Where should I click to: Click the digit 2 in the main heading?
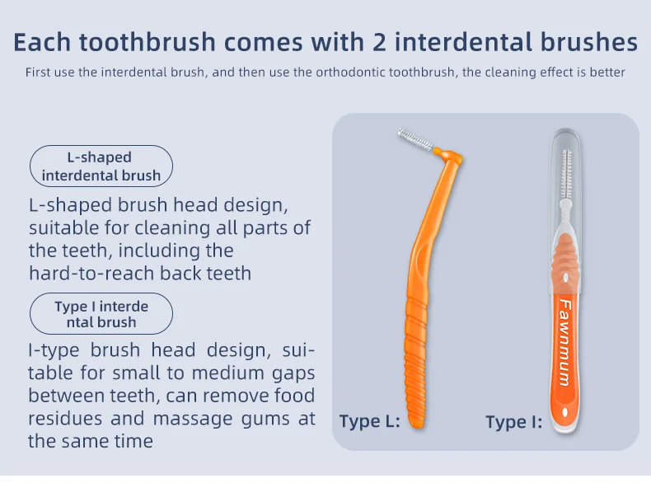pyautogui.click(x=378, y=42)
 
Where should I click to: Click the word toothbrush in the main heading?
pyautogui.click(x=147, y=42)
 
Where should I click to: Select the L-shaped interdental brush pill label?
pyautogui.click(x=101, y=166)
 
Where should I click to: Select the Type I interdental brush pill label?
pyautogui.click(x=101, y=314)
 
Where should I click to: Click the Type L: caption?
pyautogui.click(x=369, y=421)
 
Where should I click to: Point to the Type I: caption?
pyautogui.click(x=514, y=422)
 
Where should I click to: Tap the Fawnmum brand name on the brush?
pyautogui.click(x=565, y=342)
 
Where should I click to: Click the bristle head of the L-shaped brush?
pyautogui.click(x=416, y=139)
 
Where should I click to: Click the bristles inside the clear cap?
pyautogui.click(x=566, y=175)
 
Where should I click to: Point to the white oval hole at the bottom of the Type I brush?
pyautogui.click(x=565, y=412)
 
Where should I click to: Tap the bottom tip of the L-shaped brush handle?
pyautogui.click(x=416, y=424)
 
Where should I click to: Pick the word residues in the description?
pyautogui.click(x=65, y=418)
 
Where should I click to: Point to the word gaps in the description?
pyautogui.click(x=293, y=373)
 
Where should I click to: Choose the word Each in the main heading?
pyautogui.click(x=42, y=42)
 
